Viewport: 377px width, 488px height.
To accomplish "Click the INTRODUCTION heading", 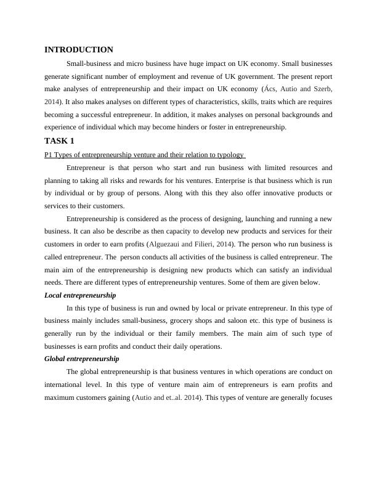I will [79, 50].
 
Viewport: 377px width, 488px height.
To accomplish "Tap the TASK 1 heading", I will [60, 141].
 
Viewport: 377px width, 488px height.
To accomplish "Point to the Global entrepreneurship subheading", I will [82, 359].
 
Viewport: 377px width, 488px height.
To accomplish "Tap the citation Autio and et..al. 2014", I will [167, 397].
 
